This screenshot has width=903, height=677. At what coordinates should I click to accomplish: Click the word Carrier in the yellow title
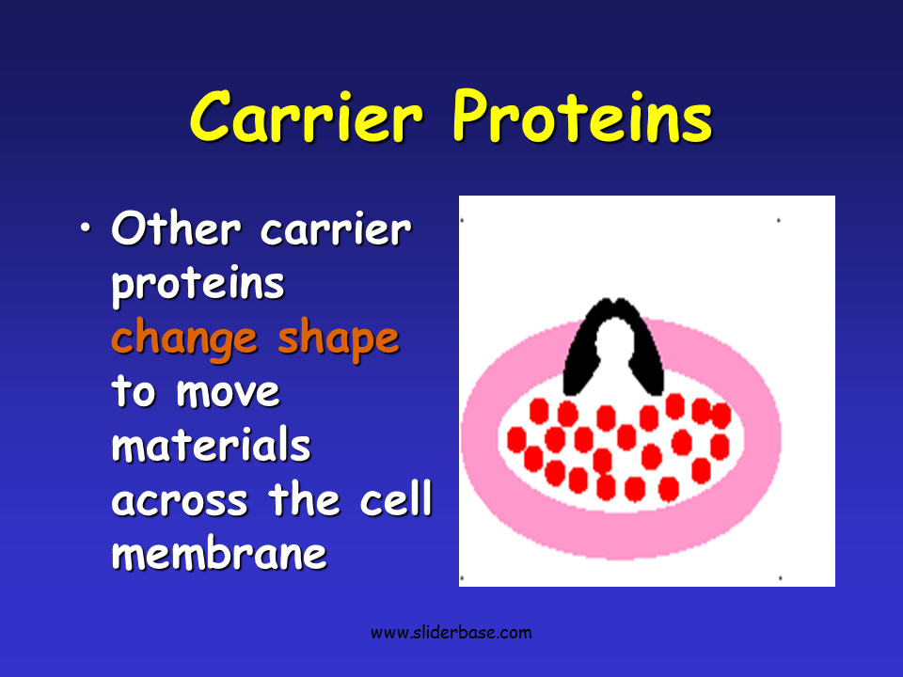pos(307,117)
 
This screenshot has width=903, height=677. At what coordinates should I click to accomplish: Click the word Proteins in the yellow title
pos(583,117)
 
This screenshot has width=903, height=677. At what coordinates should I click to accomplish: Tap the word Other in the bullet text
pos(176,228)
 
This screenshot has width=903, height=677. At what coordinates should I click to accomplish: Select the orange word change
pos(183,339)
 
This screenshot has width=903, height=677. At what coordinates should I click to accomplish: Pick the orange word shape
pos(339,339)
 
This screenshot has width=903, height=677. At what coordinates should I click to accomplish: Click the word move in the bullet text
pos(228,393)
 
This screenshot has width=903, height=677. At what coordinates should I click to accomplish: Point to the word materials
pos(211,445)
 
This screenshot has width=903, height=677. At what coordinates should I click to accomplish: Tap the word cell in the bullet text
pos(396,498)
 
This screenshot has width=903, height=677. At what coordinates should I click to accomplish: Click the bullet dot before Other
pos(86,228)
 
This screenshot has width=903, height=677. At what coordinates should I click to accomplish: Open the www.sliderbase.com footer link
pos(451,633)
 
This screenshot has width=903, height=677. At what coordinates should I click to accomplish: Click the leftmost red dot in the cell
pos(516,440)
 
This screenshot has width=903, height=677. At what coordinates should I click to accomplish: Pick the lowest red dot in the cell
pos(635,489)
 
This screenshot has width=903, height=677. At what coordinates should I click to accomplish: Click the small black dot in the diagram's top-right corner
pos(779,220)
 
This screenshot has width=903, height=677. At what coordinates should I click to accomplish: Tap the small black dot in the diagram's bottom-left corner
pos(462,578)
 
